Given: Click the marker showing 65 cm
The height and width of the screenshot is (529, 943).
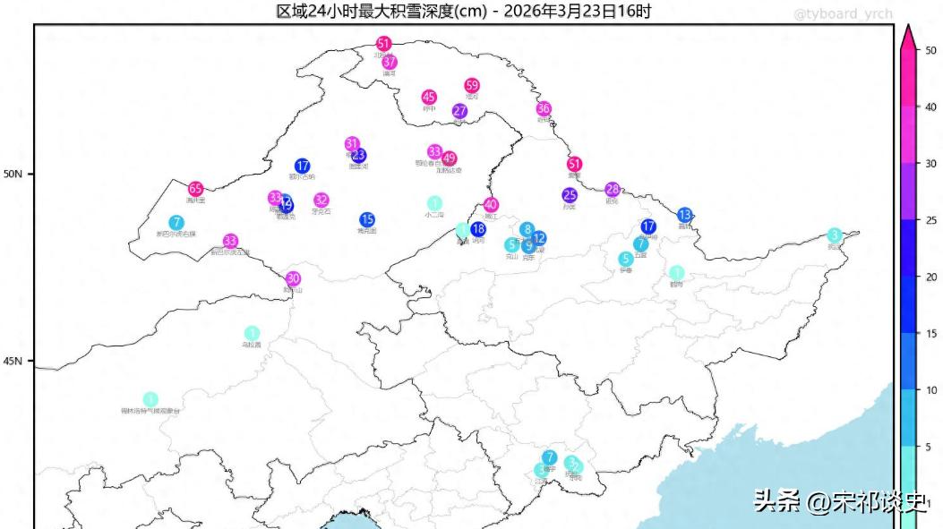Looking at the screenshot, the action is click(195, 189).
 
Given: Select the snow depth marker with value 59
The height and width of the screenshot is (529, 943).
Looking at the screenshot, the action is click(472, 86).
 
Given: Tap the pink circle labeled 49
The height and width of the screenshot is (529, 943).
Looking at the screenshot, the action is click(450, 158).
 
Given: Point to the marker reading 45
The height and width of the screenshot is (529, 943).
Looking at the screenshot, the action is click(429, 98).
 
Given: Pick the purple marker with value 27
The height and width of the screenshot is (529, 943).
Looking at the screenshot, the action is click(459, 112).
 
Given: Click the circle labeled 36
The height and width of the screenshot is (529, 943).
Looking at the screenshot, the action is click(544, 109).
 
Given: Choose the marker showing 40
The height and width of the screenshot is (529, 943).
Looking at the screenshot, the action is click(491, 205).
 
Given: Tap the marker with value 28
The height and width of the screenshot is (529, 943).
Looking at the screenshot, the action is click(613, 190).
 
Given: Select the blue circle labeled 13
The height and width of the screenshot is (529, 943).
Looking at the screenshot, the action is click(685, 215).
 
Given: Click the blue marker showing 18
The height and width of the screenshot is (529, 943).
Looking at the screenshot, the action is click(478, 229).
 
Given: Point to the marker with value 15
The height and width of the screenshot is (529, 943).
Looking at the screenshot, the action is click(367, 219).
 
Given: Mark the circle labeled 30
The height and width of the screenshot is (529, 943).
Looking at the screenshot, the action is click(293, 278).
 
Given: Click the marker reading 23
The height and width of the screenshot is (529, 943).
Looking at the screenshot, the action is click(358, 155).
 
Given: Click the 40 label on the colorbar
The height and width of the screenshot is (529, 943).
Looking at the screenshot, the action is click(930, 107).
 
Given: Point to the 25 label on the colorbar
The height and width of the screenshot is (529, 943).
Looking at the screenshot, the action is click(930, 220).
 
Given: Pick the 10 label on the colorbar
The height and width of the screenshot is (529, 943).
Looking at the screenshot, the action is click(930, 390).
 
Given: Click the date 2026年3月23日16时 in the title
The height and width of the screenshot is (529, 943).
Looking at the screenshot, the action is click(578, 11).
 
